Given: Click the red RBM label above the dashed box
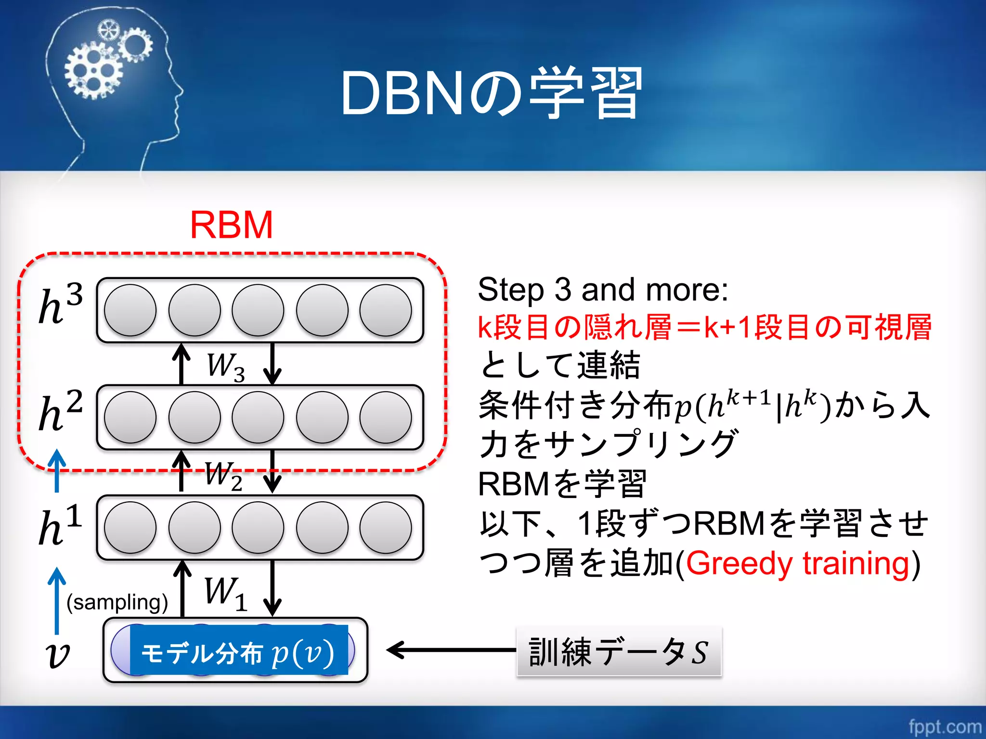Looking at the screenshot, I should point(231,225).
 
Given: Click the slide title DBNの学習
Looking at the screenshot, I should point(491,94).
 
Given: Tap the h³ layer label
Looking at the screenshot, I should point(61,304).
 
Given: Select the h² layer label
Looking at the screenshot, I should point(61,411).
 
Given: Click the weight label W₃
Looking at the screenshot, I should point(225,367).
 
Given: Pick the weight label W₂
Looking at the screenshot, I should point(223,475).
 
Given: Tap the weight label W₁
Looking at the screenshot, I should point(225,593).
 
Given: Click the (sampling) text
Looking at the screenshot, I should point(117,602).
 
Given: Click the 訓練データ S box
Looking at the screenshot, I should point(619,652).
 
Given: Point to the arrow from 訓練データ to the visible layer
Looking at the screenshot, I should point(450,650).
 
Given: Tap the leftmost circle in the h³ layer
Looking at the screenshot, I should point(130,310).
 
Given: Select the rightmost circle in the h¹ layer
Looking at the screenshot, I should point(386,528).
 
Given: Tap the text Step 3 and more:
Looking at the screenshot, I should point(603,290).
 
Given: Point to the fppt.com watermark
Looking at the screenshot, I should point(945,726).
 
